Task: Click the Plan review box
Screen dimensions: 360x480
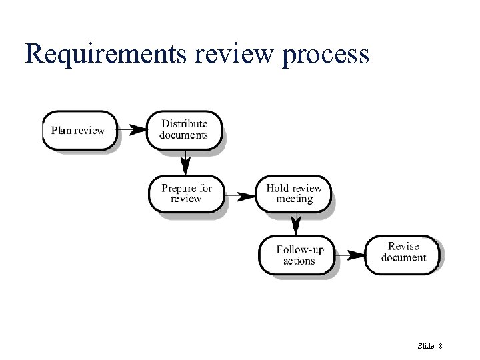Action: click(78, 129)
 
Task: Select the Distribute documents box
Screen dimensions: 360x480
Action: click(183, 129)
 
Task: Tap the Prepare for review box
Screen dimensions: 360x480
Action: click(186, 193)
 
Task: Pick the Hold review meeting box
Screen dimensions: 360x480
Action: click(293, 193)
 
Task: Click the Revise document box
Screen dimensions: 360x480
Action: click(403, 252)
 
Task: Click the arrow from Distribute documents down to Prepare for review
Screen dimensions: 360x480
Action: click(186, 161)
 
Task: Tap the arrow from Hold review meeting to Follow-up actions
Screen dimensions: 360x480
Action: click(295, 223)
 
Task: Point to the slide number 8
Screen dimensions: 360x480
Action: click(441, 345)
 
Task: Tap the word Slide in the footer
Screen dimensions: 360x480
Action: click(425, 345)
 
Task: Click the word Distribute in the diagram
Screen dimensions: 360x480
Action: click(185, 123)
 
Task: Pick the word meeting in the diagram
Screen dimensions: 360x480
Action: click(294, 199)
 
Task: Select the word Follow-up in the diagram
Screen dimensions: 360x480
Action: click(300, 249)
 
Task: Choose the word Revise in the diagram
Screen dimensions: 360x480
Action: click(403, 247)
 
